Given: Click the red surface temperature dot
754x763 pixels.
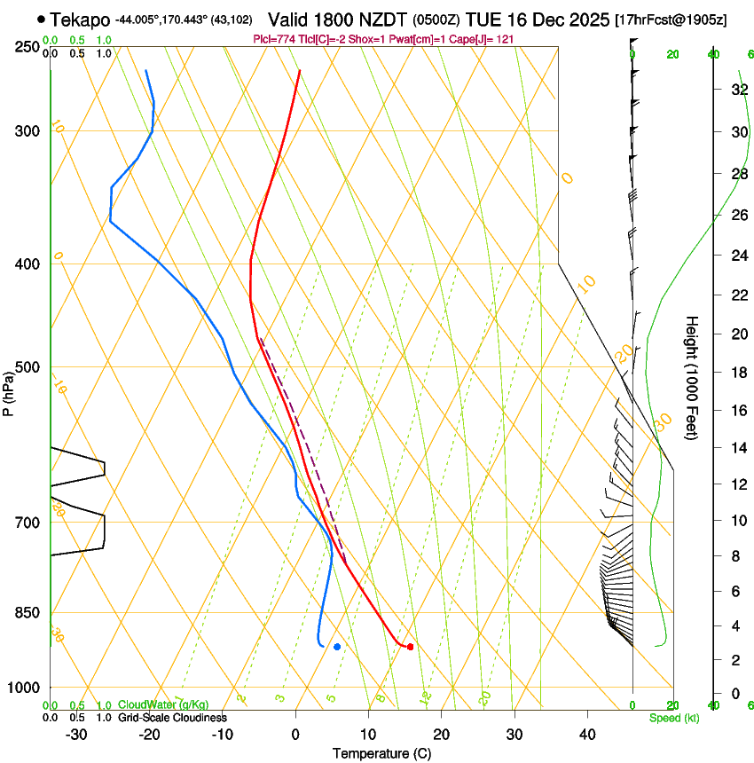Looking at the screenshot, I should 410,647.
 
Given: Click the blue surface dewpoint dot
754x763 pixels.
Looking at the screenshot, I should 337,646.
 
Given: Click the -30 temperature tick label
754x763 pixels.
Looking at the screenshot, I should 76,735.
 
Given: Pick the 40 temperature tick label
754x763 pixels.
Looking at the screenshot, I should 587,735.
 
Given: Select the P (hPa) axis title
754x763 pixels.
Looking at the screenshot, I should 9,390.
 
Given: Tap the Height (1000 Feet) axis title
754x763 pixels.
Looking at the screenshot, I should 692,377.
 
